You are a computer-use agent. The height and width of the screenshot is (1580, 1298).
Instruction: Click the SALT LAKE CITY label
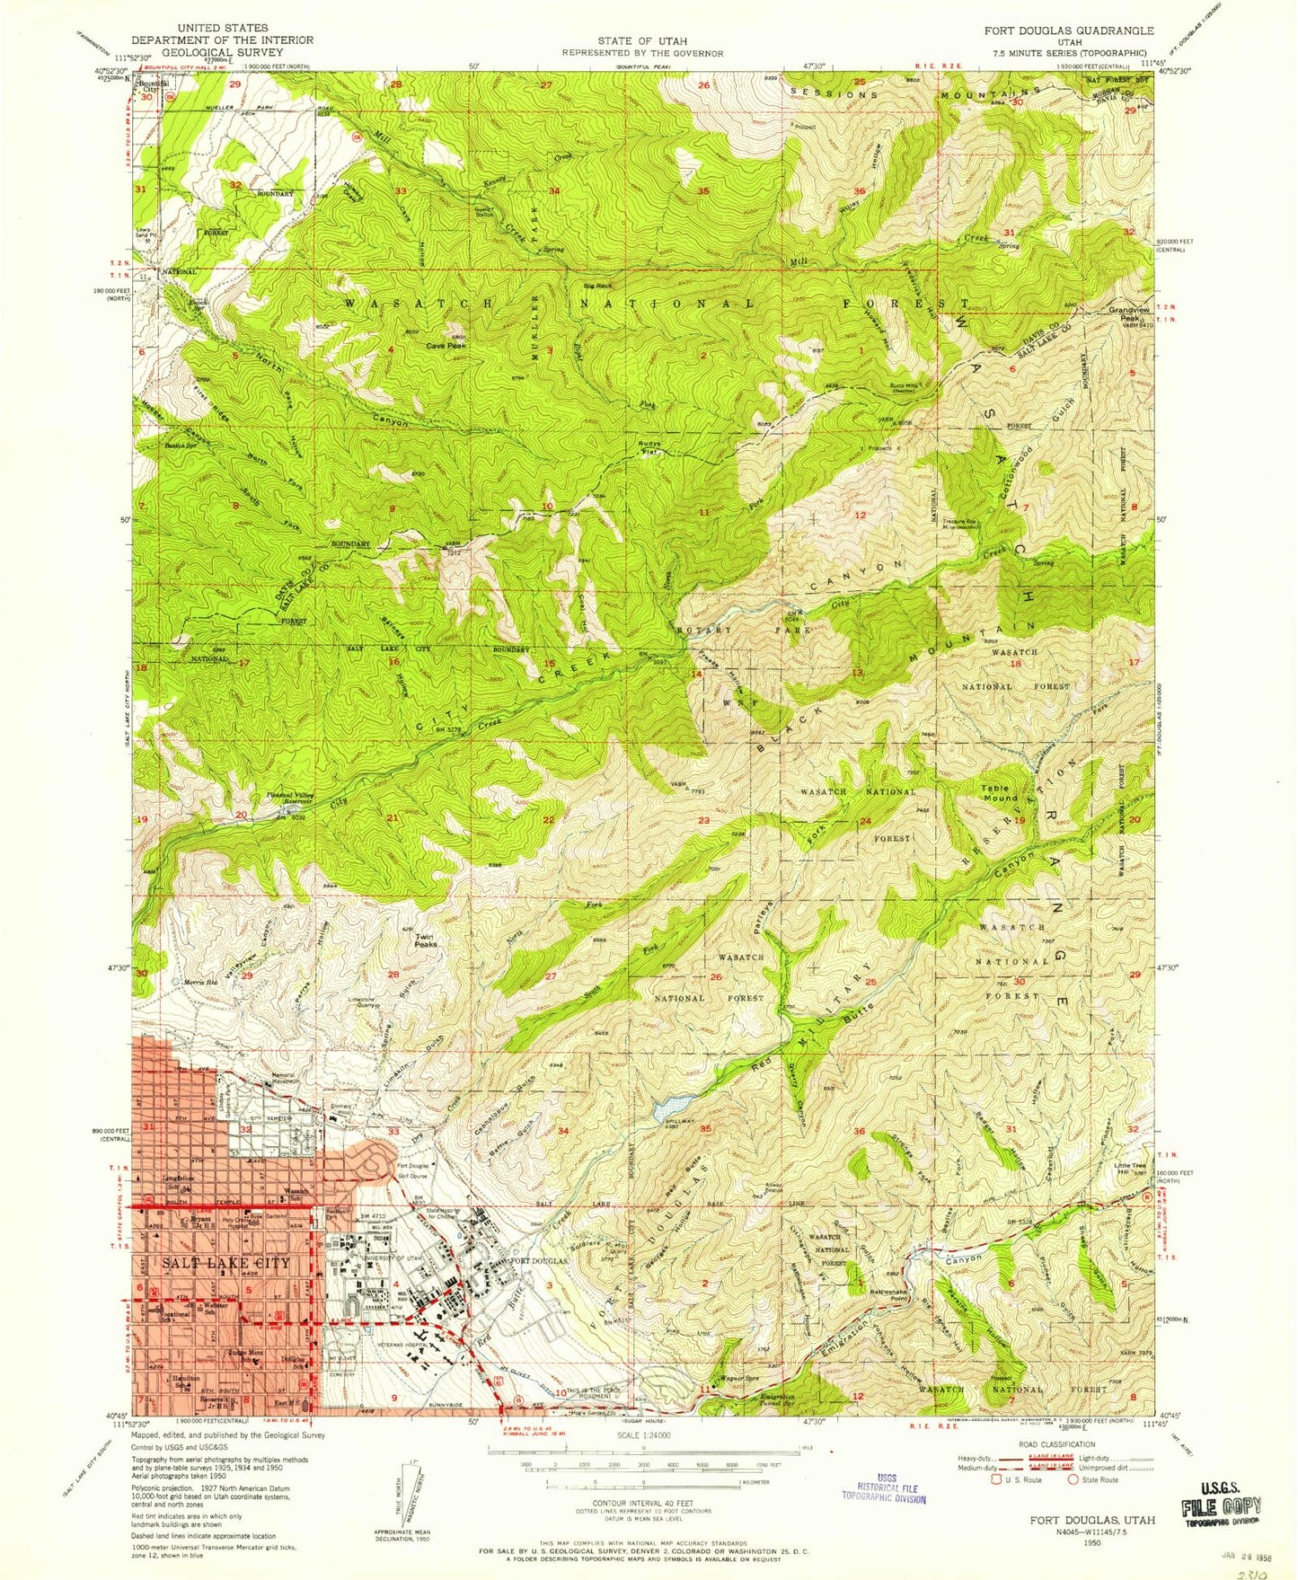tap(225, 1262)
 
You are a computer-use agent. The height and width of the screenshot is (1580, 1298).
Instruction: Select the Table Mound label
tap(1000, 792)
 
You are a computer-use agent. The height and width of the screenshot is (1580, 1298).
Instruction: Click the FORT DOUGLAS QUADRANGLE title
tap(1068, 31)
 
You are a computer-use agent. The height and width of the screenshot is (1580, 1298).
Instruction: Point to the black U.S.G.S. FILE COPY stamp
tap(1222, 1505)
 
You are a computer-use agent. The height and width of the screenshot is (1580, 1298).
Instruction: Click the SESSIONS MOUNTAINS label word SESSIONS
tap(822, 93)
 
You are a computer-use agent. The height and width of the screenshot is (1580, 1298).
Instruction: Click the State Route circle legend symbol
tap(1074, 1479)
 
